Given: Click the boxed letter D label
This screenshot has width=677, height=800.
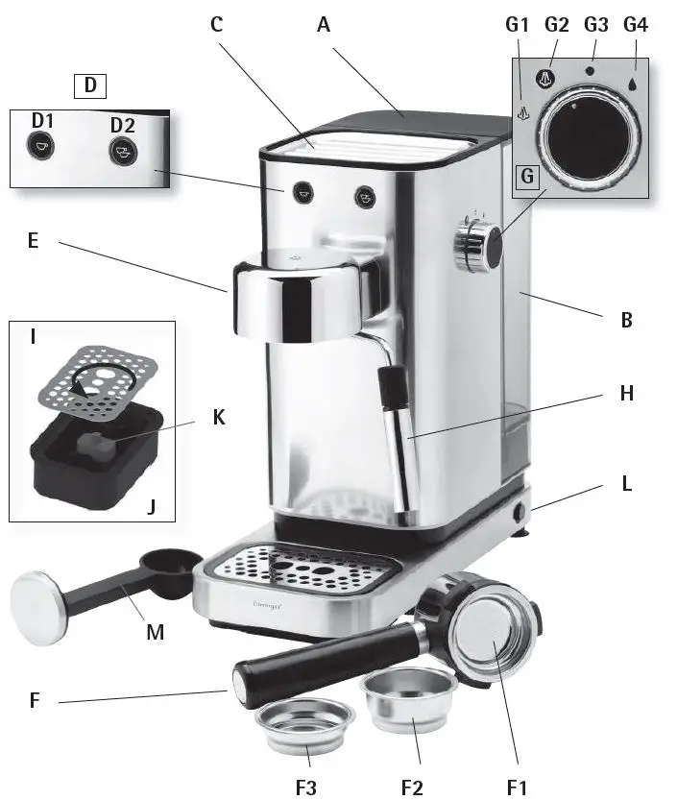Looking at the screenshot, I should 90,85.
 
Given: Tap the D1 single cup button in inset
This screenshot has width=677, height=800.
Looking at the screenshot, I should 39,145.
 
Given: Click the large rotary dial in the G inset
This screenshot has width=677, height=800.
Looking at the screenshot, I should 588,136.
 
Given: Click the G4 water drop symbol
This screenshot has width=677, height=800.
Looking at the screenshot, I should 635,82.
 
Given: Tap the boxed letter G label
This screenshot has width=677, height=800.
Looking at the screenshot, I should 527,177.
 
